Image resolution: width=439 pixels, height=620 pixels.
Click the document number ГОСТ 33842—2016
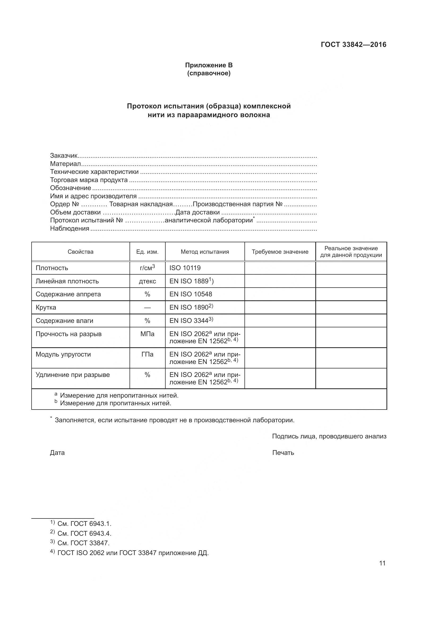coord(353,45)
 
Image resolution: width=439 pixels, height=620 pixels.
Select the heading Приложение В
coord(209,65)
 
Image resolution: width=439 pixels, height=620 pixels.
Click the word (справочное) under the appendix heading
coord(209,73)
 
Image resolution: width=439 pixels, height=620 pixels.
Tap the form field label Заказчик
coord(64,156)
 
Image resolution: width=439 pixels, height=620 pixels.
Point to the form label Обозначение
coord(71,188)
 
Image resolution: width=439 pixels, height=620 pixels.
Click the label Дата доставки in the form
coord(198,213)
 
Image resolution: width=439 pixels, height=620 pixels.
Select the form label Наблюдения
coord(70,229)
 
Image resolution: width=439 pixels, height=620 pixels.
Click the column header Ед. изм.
coord(147,252)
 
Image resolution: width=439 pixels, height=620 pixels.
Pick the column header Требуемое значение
coord(280,252)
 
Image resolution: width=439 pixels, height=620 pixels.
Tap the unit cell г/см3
coord(147,268)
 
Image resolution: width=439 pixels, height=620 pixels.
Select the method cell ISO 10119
coord(185,268)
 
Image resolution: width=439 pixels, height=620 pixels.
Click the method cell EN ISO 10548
coord(191,294)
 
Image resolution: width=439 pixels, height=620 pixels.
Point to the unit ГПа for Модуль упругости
coord(147,354)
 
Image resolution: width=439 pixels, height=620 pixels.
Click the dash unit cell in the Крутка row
coord(147,307)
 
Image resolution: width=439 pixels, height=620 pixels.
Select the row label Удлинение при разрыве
coord(72,375)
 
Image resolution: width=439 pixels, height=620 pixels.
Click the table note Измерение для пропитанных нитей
coord(115,403)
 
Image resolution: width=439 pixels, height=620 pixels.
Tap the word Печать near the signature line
coord(283,452)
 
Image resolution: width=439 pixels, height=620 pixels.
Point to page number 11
coord(382,563)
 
